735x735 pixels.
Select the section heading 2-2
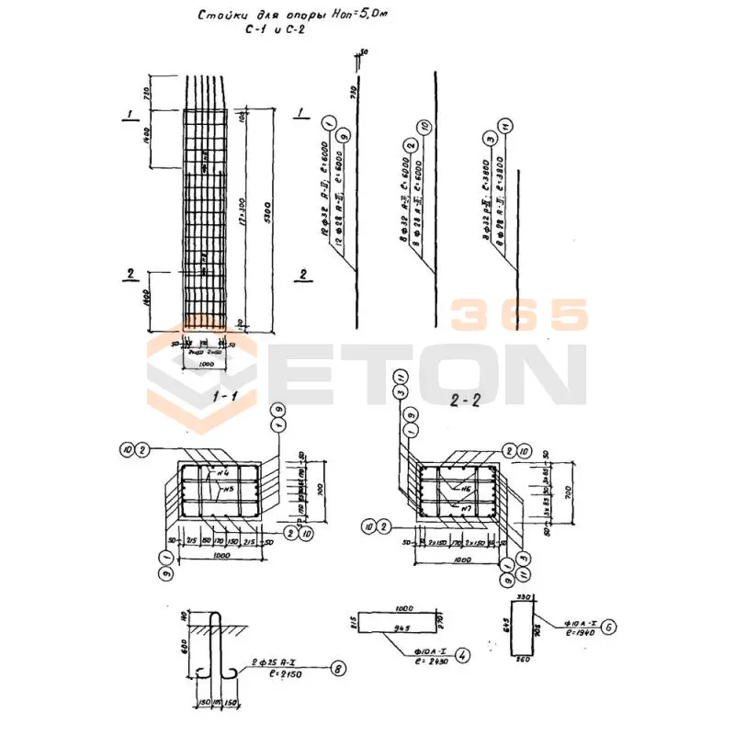click(x=468, y=400)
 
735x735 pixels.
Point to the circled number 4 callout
click(x=463, y=656)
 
